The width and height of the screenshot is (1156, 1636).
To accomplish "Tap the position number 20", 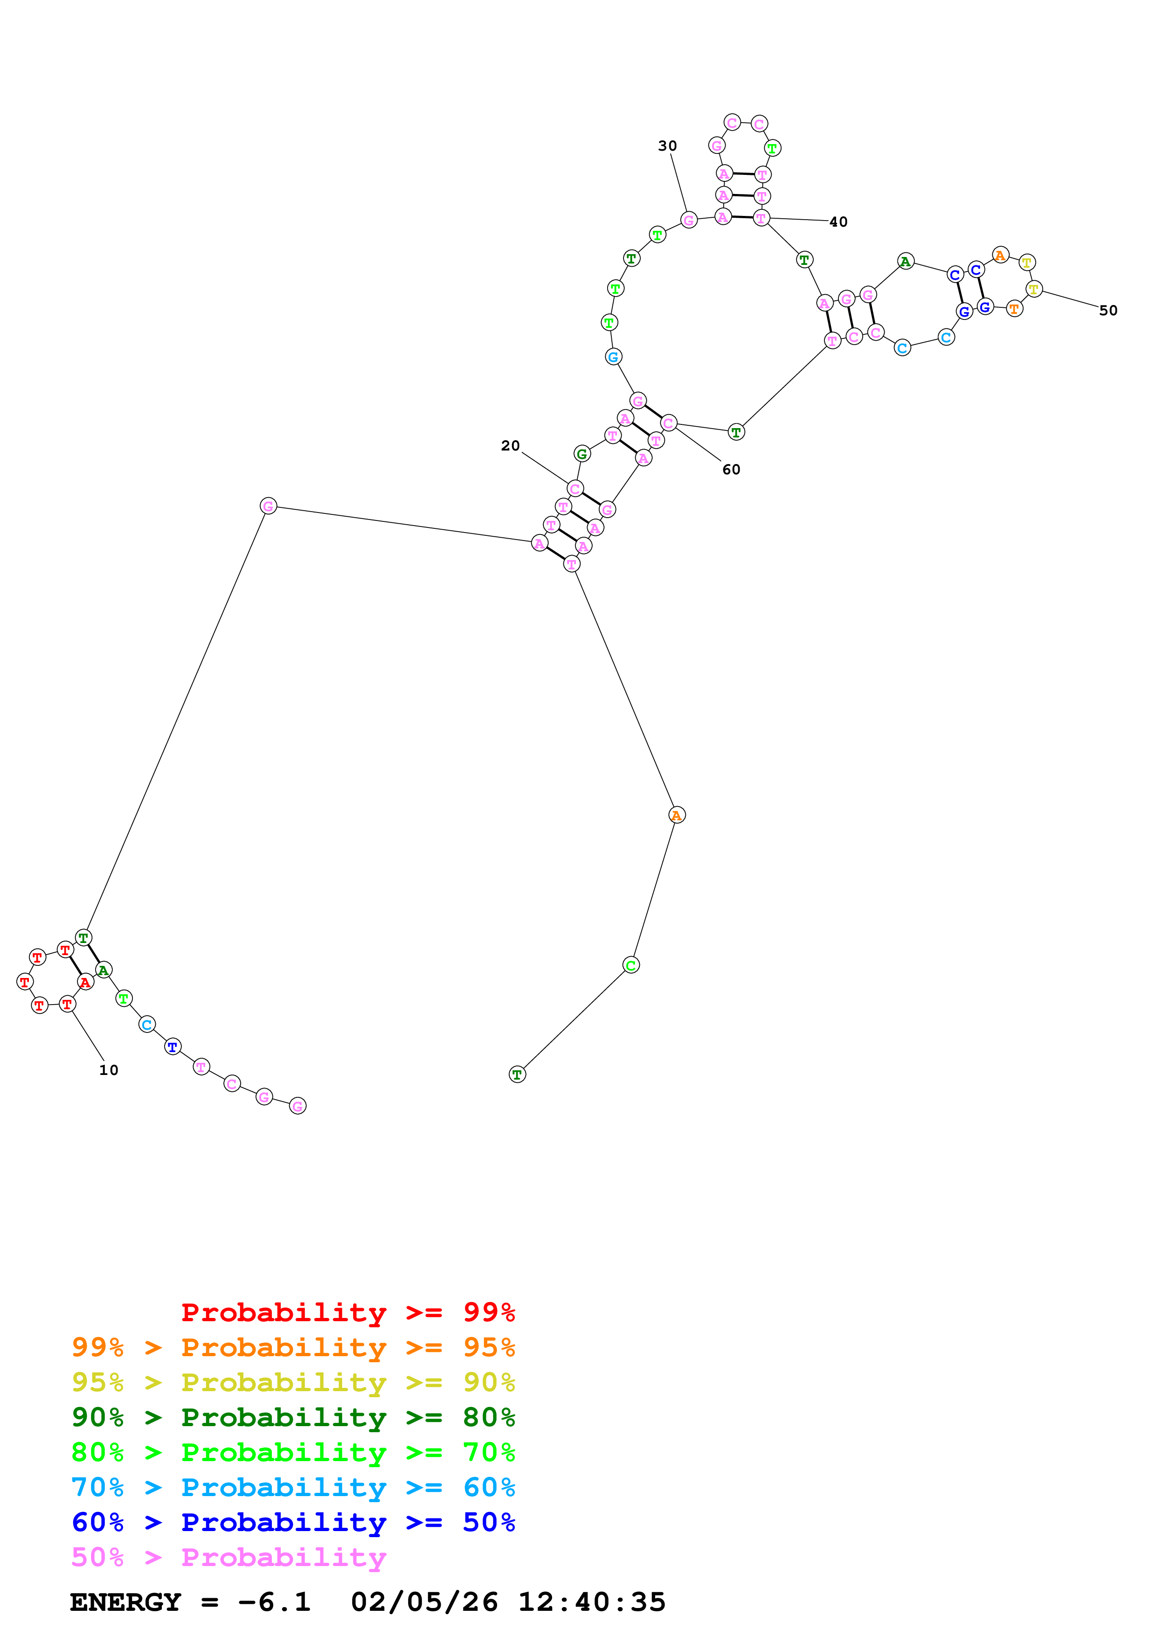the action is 510,445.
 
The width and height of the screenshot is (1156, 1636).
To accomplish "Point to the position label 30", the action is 667,146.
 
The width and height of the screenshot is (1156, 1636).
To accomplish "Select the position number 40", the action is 838,222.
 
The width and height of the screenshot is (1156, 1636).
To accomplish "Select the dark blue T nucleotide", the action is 173,1046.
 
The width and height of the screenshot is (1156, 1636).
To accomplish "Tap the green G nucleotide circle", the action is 582,453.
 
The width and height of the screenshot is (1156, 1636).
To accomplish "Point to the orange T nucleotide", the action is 1014,309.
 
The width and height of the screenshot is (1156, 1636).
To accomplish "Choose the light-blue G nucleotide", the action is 613,356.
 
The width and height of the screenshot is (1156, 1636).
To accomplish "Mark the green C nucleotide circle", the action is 631,965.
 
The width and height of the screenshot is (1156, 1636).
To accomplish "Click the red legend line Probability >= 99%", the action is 347,1312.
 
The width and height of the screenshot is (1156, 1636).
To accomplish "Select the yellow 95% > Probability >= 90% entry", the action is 293,1382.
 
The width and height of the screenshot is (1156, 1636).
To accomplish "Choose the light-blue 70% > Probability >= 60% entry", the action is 293,1487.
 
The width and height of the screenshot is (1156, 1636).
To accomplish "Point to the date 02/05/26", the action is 424,1602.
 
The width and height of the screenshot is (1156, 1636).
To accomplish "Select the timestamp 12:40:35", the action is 591,1602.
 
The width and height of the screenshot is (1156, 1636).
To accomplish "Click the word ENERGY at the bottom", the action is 125,1602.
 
